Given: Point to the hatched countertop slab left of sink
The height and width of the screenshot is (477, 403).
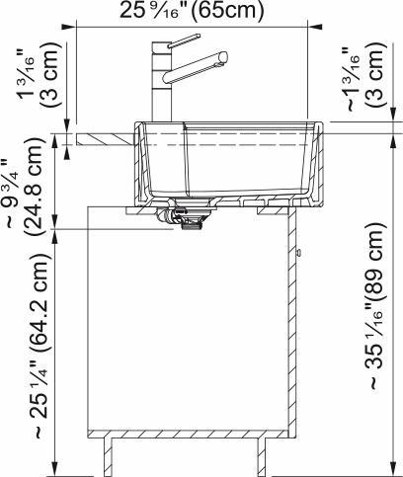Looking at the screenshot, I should (x=105, y=135).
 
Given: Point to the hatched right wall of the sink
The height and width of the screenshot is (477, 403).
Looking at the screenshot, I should (x=315, y=163).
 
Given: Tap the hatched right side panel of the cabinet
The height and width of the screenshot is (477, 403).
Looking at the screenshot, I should (x=293, y=326).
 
